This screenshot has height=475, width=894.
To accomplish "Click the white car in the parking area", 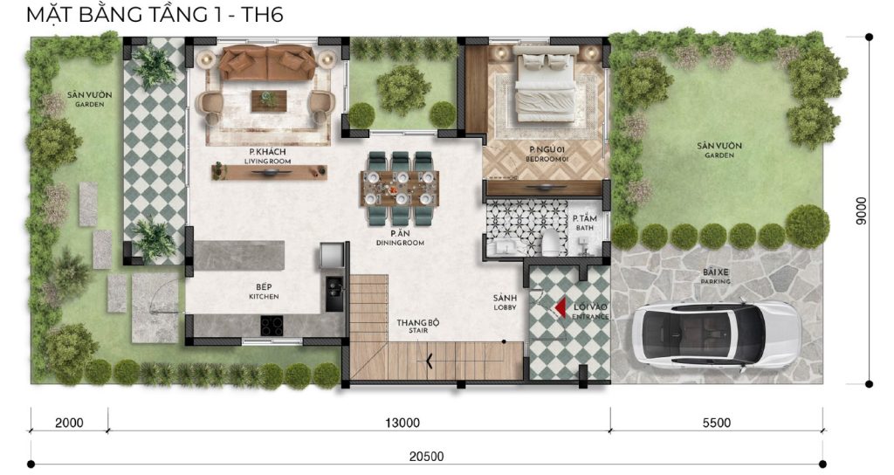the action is coord(716,334).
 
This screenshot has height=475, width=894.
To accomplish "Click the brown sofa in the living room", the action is coord(267,62).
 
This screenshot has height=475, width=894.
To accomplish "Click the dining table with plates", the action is coord(400,189).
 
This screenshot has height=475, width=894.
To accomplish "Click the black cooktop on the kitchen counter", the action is coord(272,325).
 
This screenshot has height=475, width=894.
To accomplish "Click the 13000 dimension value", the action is coord(402,423).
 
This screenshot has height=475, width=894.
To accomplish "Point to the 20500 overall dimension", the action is coord(426,456).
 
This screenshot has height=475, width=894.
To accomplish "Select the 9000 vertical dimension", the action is coord(861,211).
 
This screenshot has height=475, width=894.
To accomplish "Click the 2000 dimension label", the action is coord(69,423).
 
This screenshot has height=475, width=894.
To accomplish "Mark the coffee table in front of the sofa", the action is coord(269,100).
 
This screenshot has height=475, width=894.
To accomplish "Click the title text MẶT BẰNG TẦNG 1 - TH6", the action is coord(155,14).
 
